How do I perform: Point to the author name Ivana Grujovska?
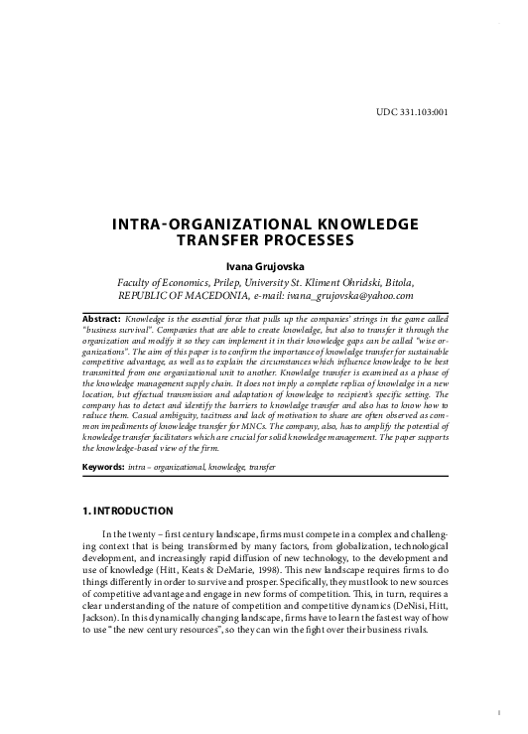pos(264,266)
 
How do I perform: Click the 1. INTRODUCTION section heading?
pos(129,511)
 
